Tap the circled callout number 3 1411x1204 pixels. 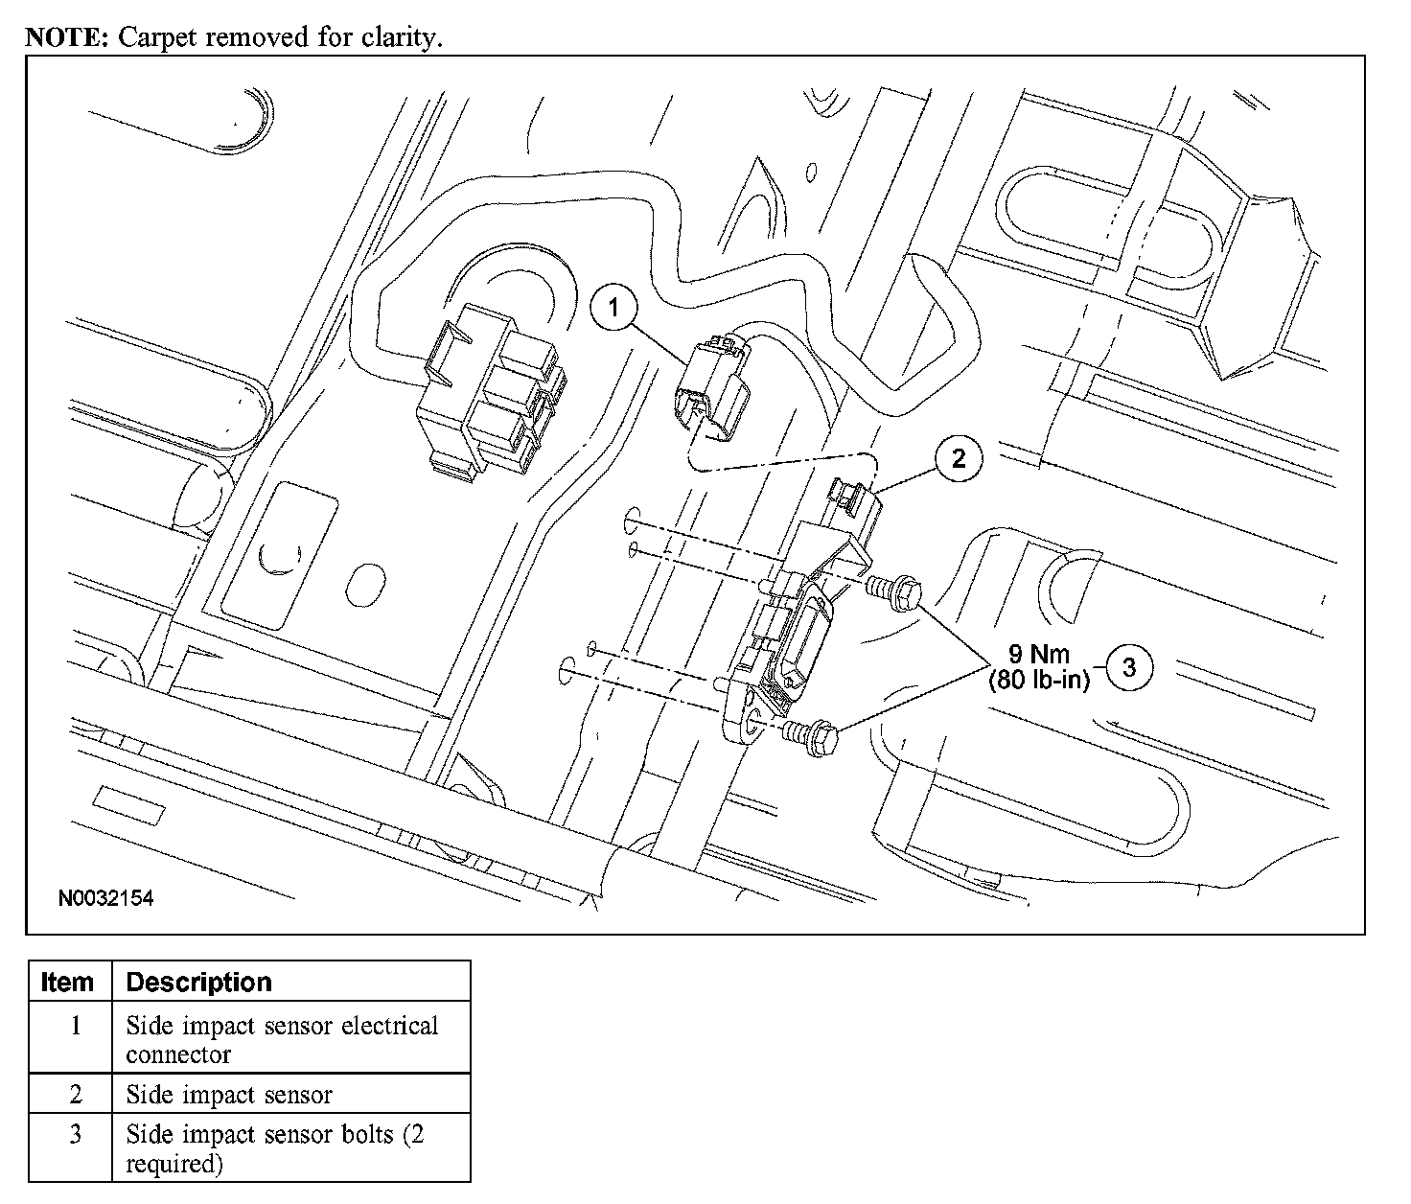pyautogui.click(x=1129, y=667)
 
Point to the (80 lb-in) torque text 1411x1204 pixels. pyautogui.click(x=1040, y=682)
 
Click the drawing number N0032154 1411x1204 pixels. pyautogui.click(x=105, y=899)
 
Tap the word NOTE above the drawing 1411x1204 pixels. pyautogui.click(x=66, y=37)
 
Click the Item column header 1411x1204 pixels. pyautogui.click(x=69, y=982)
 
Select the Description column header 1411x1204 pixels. pyautogui.click(x=199, y=982)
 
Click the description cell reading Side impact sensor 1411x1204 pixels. pyautogui.click(x=230, y=1094)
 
